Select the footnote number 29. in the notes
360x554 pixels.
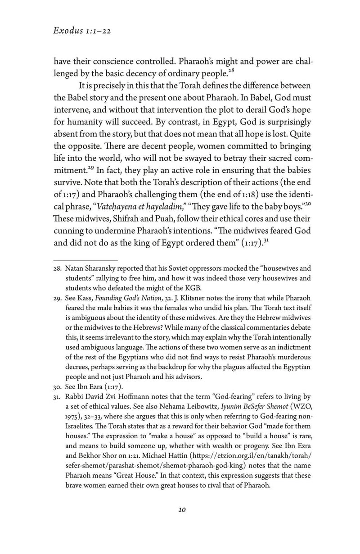click(x=58, y=298)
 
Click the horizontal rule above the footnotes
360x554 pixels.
click(x=85, y=260)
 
